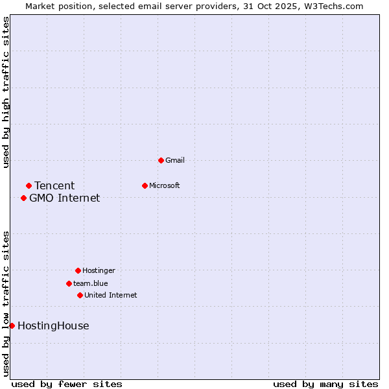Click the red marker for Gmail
161,160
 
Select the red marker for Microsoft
145,185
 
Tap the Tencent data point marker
29,186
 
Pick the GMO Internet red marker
23,198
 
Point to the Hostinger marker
78,270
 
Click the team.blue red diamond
69,283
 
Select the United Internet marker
80,295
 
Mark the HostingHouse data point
12,325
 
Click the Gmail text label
175,160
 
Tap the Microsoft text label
165,185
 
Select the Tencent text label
54,186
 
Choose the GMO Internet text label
65,198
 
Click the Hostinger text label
99,270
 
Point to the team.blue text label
91,283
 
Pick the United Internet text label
111,295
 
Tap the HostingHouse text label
53,326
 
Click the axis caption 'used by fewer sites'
67,384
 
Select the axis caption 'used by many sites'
325,384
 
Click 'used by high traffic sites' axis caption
6,92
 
